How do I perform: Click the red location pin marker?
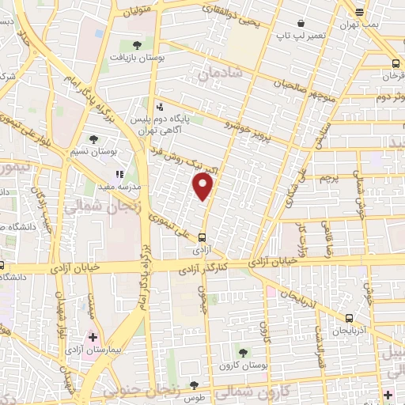(x=203, y=187)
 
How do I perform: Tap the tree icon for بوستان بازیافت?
(x=137, y=45)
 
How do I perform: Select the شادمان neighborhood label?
(x=219, y=74)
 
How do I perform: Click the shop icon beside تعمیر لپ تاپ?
(x=301, y=24)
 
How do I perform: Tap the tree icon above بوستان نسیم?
(x=94, y=139)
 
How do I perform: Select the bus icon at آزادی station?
(x=203, y=237)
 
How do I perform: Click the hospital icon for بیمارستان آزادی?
(x=93, y=337)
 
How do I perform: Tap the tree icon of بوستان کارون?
(x=241, y=353)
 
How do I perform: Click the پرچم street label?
(x=329, y=179)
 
